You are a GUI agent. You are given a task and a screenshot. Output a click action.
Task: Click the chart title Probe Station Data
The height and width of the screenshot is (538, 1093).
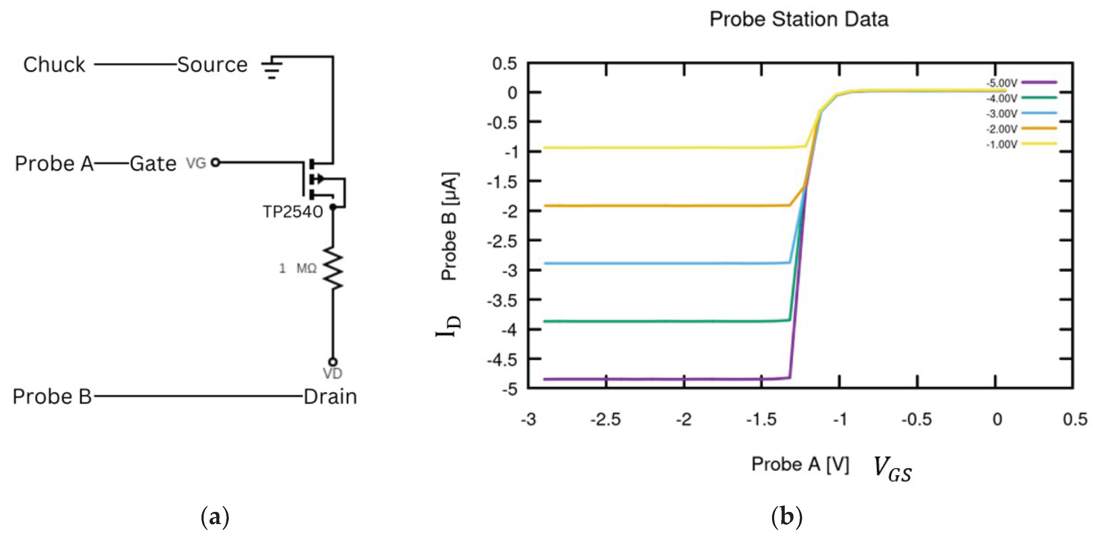tap(799, 20)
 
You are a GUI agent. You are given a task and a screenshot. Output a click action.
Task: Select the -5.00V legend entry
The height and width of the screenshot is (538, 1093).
tap(1020, 83)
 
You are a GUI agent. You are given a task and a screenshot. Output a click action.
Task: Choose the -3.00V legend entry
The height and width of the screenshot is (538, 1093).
tap(1020, 114)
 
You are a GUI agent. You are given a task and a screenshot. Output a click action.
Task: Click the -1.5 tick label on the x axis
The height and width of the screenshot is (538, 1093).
tap(761, 420)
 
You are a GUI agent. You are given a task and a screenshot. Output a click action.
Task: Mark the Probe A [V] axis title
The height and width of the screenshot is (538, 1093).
tap(800, 464)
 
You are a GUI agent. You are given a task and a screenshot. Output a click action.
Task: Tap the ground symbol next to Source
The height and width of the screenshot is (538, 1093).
tap(272, 68)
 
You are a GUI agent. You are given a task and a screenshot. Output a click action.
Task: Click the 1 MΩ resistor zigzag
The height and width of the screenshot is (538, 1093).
tap(333, 268)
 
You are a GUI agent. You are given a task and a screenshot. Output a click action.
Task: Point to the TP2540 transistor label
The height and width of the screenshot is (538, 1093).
tap(293, 212)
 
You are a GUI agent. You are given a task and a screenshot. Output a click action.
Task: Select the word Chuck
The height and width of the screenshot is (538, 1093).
tap(54, 65)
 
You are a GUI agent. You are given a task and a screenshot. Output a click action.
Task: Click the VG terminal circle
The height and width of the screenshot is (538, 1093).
tap(215, 162)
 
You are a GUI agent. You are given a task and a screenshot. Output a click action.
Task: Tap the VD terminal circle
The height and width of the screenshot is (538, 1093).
tap(333, 362)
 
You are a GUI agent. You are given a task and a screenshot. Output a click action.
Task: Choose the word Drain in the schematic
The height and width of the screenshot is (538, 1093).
tap(330, 397)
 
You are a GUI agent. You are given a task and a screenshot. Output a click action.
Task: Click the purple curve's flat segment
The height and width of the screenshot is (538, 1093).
tap(658, 379)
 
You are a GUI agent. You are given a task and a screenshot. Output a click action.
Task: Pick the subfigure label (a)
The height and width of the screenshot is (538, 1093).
tap(215, 517)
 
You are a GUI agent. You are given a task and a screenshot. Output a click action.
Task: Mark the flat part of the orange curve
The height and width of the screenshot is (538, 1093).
tap(658, 206)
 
